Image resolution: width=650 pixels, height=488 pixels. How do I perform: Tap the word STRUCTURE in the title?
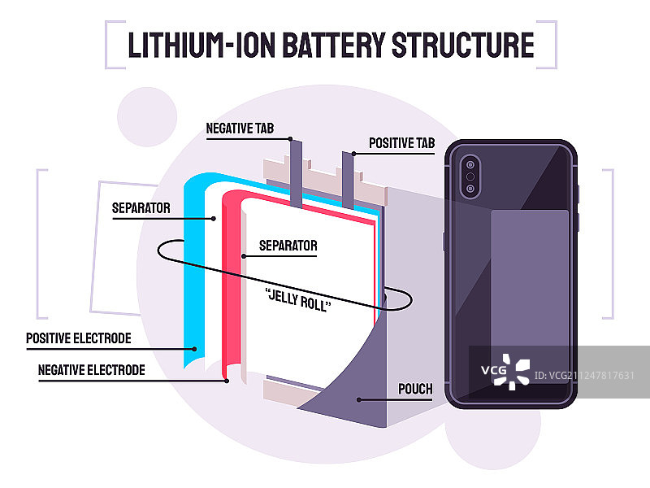click(x=462, y=45)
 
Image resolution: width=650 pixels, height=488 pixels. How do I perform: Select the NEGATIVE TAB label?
click(x=240, y=129)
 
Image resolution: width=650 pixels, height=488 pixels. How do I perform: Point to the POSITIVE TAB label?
click(x=402, y=143)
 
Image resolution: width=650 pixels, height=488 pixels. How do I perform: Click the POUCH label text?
click(x=415, y=389)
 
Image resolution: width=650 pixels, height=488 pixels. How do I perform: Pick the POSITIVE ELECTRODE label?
click(x=78, y=338)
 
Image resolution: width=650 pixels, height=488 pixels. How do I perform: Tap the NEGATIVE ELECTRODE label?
click(x=92, y=370)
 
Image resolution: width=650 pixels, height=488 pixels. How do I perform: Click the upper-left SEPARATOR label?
click(x=141, y=208)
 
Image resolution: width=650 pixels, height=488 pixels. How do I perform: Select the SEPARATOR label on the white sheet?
click(x=288, y=245)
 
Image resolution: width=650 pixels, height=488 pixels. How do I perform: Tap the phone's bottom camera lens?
click(x=470, y=190)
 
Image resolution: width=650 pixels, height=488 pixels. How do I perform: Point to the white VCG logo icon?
click(x=515, y=372)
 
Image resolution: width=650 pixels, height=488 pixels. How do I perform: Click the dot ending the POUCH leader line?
click(x=357, y=399)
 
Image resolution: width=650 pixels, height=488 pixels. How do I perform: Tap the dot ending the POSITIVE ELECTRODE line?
click(x=195, y=348)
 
